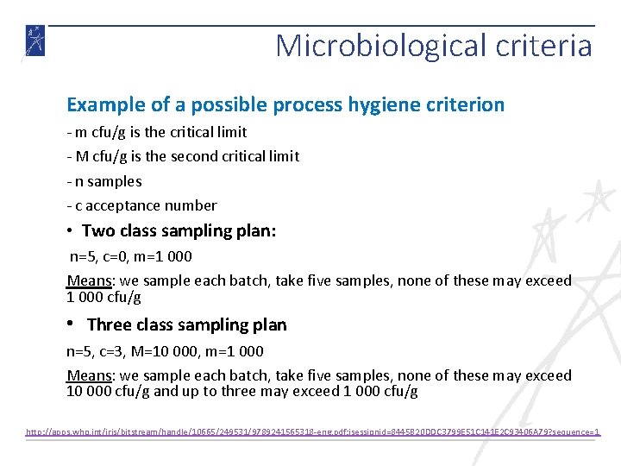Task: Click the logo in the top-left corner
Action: tap(34, 41)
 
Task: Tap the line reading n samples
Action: tap(104, 181)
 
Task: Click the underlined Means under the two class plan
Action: tap(91, 280)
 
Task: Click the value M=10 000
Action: tap(176, 351)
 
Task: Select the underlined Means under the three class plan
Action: tap(91, 375)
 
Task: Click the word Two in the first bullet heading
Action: tap(98, 231)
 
